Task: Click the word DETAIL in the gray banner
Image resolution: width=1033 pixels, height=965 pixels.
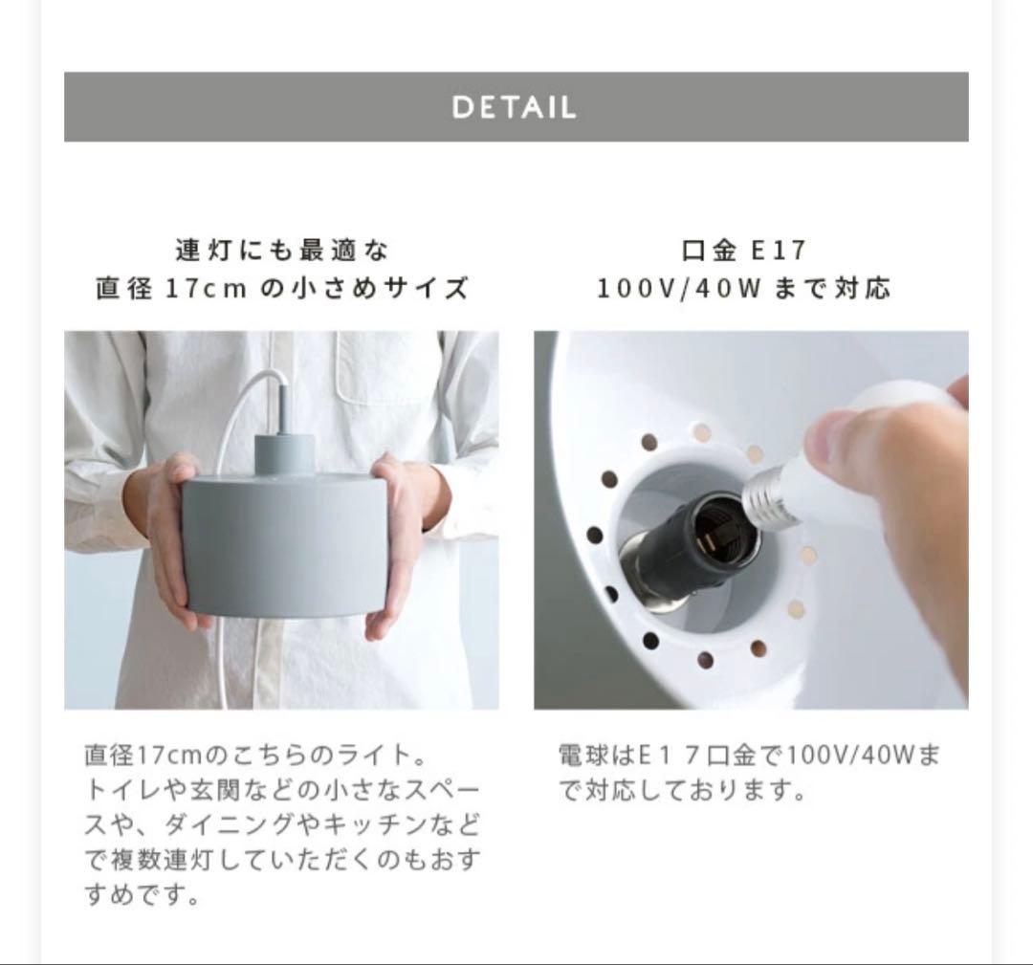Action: [515, 107]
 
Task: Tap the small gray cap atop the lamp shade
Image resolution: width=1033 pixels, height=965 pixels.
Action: [284, 454]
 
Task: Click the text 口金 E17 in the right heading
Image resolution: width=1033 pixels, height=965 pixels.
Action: [743, 251]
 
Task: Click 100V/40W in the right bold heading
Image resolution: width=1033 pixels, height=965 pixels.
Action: [679, 289]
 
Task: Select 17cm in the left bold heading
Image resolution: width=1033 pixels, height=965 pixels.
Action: [205, 289]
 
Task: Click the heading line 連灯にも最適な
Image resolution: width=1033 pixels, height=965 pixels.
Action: [282, 251]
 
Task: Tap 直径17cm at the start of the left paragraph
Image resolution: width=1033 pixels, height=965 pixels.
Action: [143, 755]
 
